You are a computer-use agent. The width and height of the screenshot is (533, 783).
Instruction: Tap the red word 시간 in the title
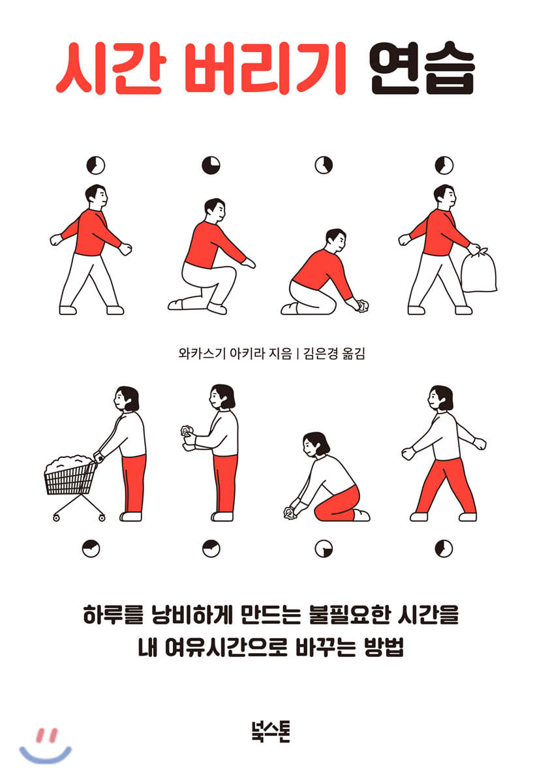pyautogui.click(x=109, y=68)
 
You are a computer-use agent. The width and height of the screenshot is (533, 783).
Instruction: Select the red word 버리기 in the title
pyautogui.click(x=265, y=68)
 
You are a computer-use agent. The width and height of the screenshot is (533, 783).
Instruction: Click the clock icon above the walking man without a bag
pyautogui.click(x=96, y=165)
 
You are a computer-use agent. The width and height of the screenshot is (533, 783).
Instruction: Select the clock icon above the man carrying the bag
pyautogui.click(x=444, y=165)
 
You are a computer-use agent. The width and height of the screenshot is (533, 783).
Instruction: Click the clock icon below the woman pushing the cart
pyautogui.click(x=91, y=548)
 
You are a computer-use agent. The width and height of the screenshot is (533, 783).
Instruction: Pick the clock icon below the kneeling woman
pyautogui.click(x=324, y=548)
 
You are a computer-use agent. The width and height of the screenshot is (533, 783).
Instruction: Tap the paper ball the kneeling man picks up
pyautogui.click(x=363, y=305)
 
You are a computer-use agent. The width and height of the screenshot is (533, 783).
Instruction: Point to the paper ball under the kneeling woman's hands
pyautogui.click(x=290, y=513)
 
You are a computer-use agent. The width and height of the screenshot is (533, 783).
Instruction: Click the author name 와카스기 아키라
pyautogui.click(x=222, y=354)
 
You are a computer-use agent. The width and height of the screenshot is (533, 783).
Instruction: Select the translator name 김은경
pyautogui.click(x=320, y=354)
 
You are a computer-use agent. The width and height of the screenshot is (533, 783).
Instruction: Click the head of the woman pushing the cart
pyautogui.click(x=127, y=399)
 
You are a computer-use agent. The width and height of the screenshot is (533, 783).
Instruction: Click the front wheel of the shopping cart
pyautogui.click(x=56, y=518)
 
